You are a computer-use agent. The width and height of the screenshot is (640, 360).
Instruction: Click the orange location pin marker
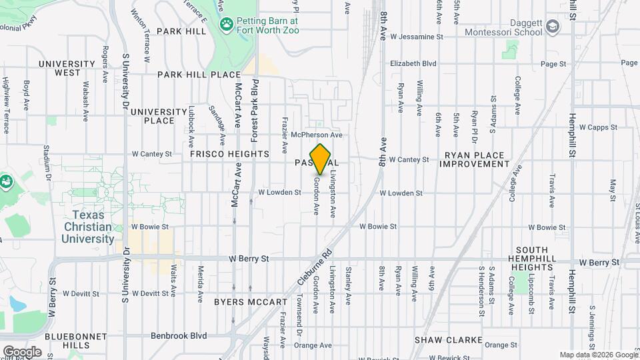coord(321,159)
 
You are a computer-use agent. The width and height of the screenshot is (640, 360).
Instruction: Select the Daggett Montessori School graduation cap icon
coord(552,27)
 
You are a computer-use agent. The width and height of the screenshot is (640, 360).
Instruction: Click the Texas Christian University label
coord(93,227)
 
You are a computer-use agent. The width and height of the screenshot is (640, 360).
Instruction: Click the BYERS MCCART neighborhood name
coord(250,302)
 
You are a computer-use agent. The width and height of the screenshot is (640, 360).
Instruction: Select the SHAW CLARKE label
coord(448,340)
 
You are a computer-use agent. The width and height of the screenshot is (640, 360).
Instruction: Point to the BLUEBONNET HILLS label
coord(64,340)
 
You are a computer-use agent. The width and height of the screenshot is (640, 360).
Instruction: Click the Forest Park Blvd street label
coord(254,110)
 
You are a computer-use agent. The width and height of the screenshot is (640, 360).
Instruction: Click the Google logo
coord(21,351)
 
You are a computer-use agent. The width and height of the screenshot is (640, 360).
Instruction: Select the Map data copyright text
coord(598,355)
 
